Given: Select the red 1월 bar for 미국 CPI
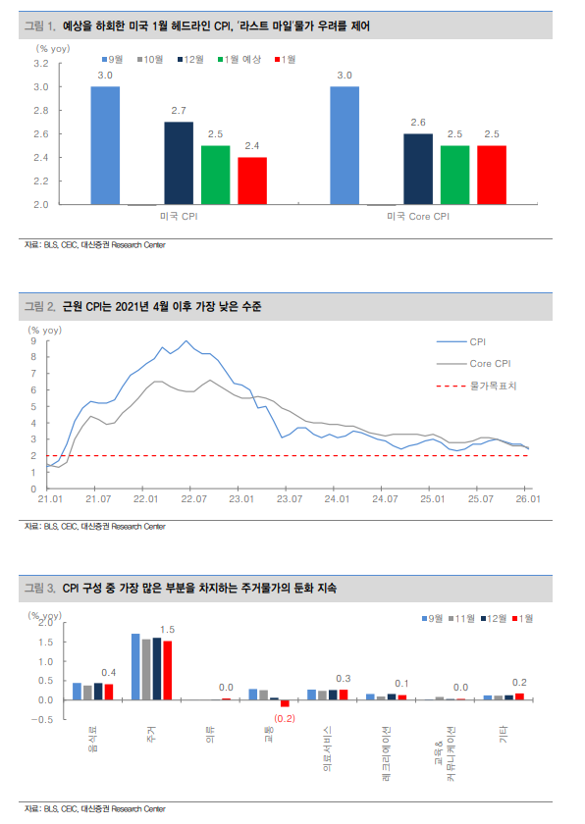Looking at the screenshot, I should point(252,180).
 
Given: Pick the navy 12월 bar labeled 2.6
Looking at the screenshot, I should point(417,169).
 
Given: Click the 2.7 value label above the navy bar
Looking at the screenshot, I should point(178,111).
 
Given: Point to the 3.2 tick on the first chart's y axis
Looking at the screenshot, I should point(40,63).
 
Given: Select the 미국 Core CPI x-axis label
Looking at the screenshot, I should point(417,216).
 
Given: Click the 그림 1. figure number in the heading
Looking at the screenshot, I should point(39,22).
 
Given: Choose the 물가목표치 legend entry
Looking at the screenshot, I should point(493,386).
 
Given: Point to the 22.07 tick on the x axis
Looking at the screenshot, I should point(192,499).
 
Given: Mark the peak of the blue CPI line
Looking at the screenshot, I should point(186,341).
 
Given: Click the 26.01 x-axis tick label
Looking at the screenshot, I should point(528,499).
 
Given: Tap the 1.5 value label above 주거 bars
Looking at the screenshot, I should point(167,629).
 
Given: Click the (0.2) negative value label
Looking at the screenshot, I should point(285,718).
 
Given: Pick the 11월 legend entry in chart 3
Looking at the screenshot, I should point(463,619).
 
